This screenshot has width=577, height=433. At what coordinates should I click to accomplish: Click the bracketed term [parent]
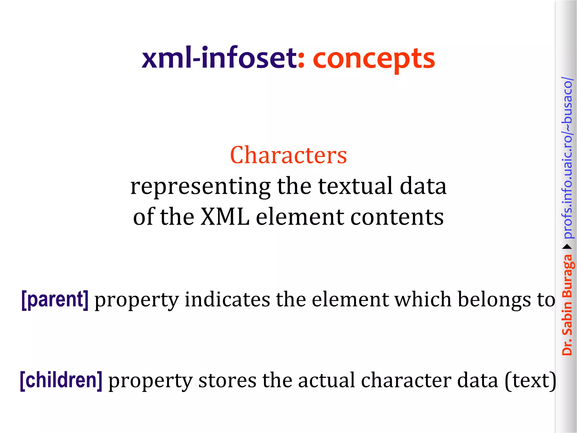[55, 299]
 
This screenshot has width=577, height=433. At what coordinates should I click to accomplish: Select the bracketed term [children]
[61, 381]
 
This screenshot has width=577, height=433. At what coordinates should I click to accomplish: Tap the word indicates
[227, 299]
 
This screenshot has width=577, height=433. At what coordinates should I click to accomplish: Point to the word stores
[227, 381]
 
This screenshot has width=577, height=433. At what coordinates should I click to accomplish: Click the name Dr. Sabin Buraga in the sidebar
[567, 304]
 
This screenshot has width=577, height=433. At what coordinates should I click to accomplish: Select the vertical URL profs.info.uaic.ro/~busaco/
[567, 158]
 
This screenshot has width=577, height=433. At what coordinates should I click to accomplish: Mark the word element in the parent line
[350, 299]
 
